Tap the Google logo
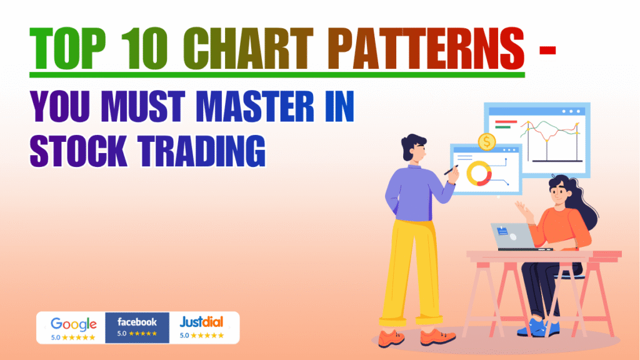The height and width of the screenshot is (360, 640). click(x=74, y=324)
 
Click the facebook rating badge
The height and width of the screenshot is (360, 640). click(x=137, y=327)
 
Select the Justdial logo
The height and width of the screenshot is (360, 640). click(x=201, y=322)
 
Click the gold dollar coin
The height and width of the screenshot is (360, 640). click(x=486, y=142)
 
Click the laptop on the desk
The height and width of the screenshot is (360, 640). click(x=512, y=236)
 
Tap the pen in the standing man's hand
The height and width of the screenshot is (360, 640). click(x=451, y=170)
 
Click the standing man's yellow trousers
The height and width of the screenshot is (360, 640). click(x=409, y=269)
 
